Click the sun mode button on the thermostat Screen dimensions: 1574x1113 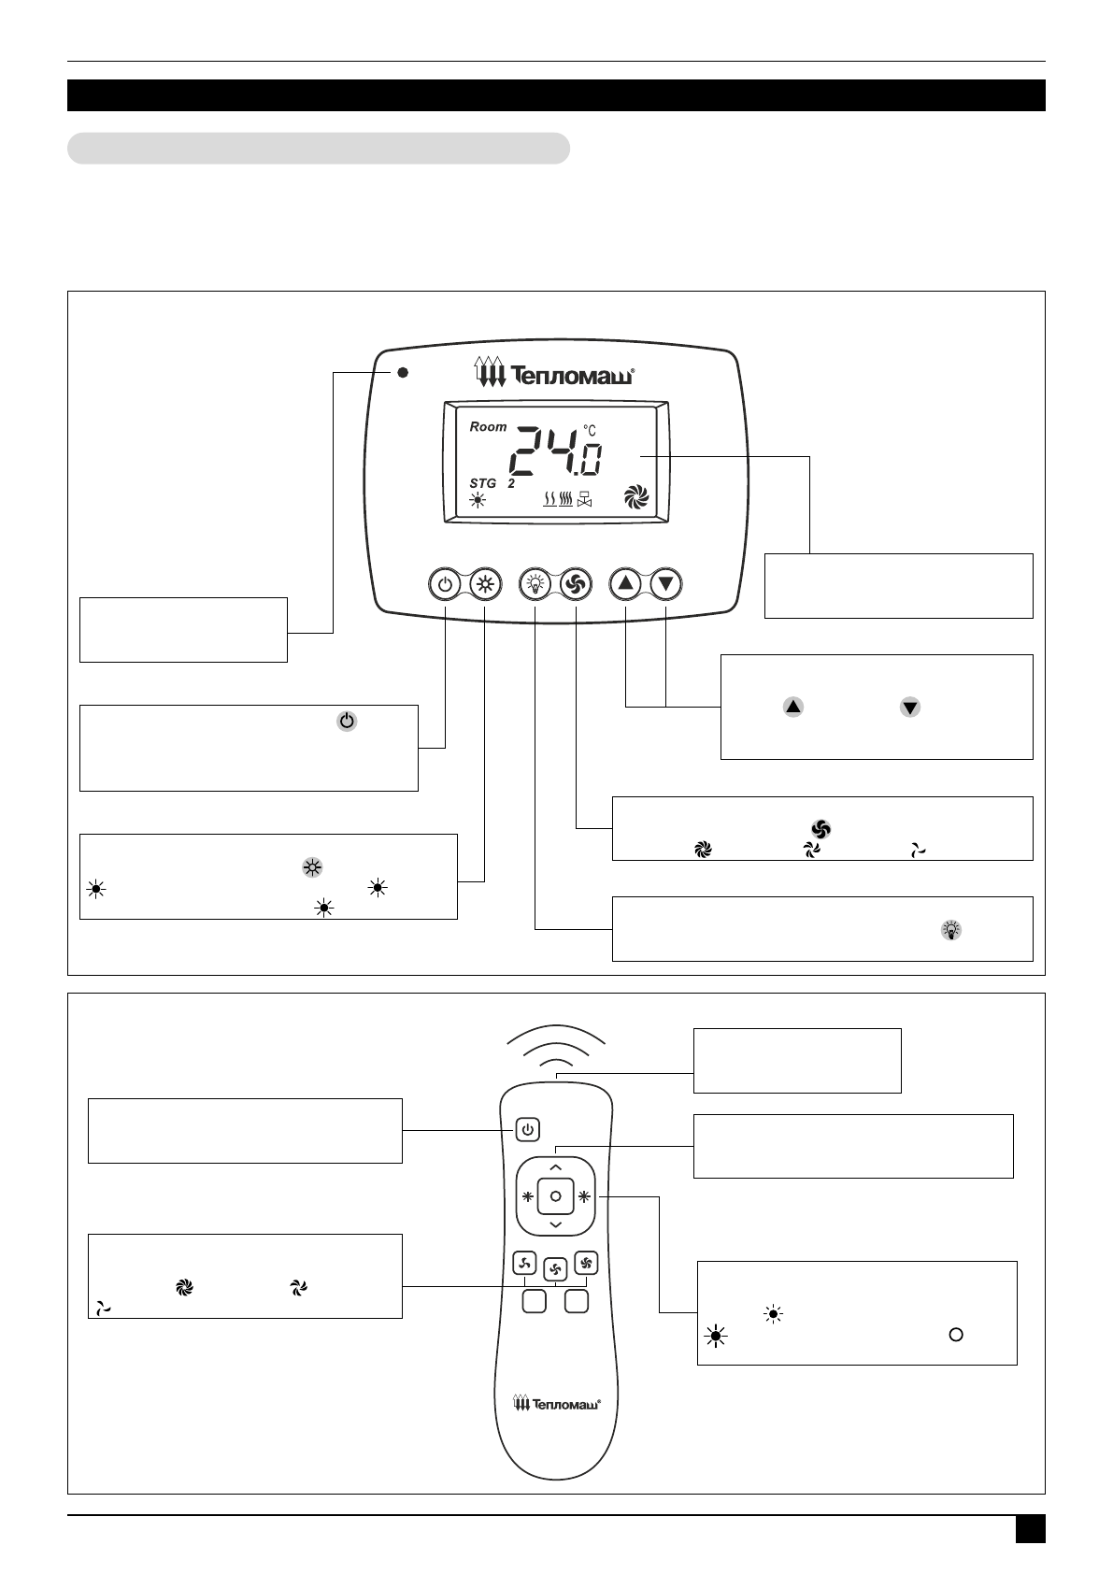pyautogui.click(x=485, y=585)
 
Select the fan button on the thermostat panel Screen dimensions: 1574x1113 pyautogui.click(x=576, y=585)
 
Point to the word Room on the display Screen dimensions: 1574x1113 pyautogui.click(x=488, y=426)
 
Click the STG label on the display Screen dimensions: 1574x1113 pyautogui.click(x=483, y=483)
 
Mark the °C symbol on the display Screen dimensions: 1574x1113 pyautogui.click(x=590, y=430)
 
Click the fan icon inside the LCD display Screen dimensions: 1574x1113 pyautogui.click(x=635, y=497)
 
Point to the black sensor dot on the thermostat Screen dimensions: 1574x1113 pyautogui.click(x=403, y=372)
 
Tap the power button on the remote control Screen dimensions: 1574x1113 pyautogui.click(x=528, y=1130)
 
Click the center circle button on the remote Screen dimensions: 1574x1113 pyautogui.click(x=555, y=1196)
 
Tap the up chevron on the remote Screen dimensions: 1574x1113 pyautogui.click(x=555, y=1167)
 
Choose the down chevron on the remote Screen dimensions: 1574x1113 pyautogui.click(x=555, y=1224)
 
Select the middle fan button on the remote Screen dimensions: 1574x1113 pyautogui.click(x=555, y=1269)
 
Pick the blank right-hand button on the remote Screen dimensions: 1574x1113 pyautogui.click(x=576, y=1300)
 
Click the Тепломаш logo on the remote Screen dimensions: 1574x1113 pyautogui.click(x=556, y=1403)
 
